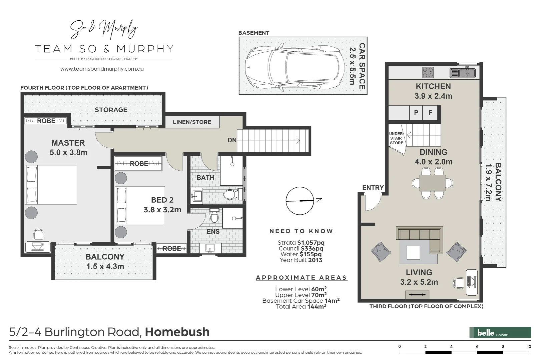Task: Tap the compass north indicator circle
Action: pyautogui.click(x=300, y=201)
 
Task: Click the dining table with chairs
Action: pyautogui.click(x=432, y=183)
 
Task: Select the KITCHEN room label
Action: pyautogui.click(x=433, y=86)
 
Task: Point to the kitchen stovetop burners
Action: pyautogui.click(x=428, y=72)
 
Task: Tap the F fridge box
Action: pyautogui.click(x=430, y=113)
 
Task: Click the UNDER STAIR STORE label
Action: pyautogui.click(x=396, y=138)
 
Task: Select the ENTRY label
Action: pyautogui.click(x=373, y=188)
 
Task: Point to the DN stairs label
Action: pyautogui.click(x=232, y=140)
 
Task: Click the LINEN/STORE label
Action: pyautogui.click(x=192, y=122)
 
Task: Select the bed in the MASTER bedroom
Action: pyautogui.click(x=52, y=184)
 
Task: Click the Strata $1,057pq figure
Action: pyautogui.click(x=301, y=243)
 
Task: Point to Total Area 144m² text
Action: pyautogui.click(x=301, y=307)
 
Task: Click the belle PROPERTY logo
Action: pyautogui.click(x=500, y=332)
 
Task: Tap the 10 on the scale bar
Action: pyautogui.click(x=529, y=347)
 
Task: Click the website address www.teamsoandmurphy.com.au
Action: pyautogui.click(x=102, y=69)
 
